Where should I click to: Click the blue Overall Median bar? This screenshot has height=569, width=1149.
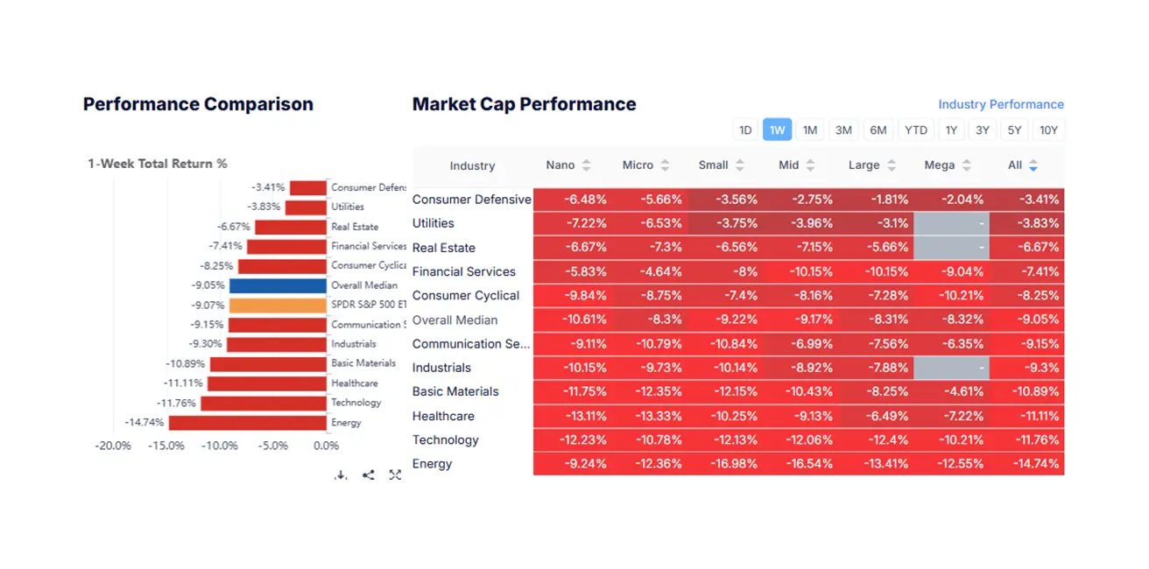[x=278, y=285]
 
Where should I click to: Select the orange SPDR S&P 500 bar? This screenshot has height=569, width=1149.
[x=278, y=306]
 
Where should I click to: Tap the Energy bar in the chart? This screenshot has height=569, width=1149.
[x=248, y=423]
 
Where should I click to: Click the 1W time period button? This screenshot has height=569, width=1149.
[x=777, y=130]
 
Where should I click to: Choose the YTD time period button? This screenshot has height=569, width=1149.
[x=916, y=130]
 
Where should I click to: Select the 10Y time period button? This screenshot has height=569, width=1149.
[x=1048, y=130]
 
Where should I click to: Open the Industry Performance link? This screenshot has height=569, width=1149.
[x=1001, y=104]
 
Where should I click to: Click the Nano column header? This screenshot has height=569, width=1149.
[x=560, y=165]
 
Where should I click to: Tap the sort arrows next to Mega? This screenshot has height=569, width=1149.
[x=966, y=165]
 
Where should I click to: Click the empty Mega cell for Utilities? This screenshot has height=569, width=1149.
[x=951, y=223]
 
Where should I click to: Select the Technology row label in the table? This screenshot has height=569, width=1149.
[x=445, y=439]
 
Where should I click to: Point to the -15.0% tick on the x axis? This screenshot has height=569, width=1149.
[x=166, y=446]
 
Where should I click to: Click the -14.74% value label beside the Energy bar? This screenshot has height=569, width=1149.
[x=145, y=423]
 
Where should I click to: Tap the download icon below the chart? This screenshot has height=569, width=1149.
[x=341, y=475]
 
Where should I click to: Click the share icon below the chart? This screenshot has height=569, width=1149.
[x=369, y=475]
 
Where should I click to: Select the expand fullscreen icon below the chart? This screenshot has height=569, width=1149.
[x=395, y=475]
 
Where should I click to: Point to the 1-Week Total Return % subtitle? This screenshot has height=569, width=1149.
[x=158, y=164]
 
